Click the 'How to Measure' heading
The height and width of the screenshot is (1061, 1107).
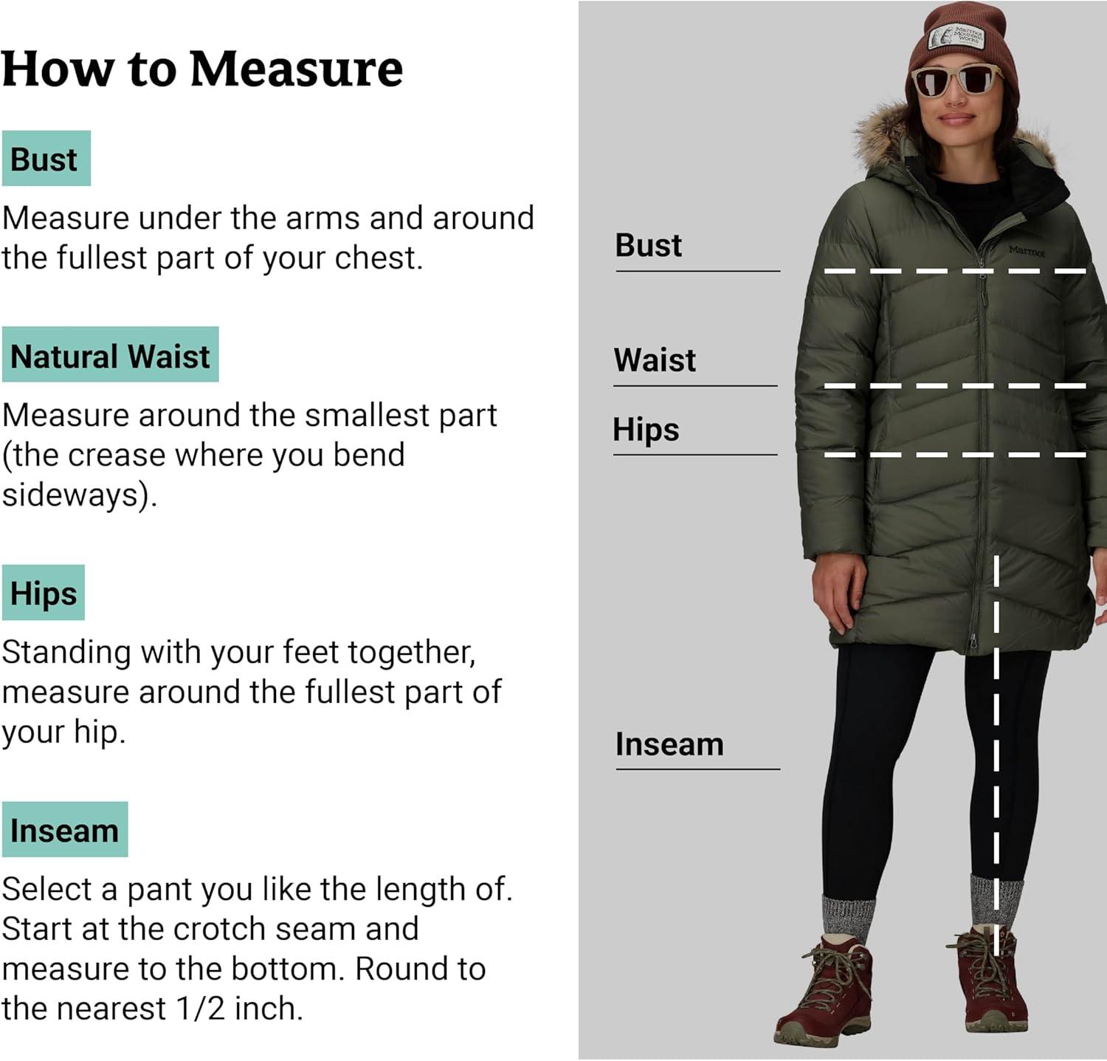202,69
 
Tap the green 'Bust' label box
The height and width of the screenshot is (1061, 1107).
46,158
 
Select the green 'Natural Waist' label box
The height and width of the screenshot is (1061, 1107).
110,354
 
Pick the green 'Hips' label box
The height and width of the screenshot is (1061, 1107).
44,593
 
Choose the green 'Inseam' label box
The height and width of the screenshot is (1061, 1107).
65,829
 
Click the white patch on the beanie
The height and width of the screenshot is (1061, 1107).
956,36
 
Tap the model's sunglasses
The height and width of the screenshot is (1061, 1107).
957,80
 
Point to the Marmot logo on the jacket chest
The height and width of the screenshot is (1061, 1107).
1027,251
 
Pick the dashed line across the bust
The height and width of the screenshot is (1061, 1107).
955,272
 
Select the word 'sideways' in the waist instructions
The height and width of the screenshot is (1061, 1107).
70,495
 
